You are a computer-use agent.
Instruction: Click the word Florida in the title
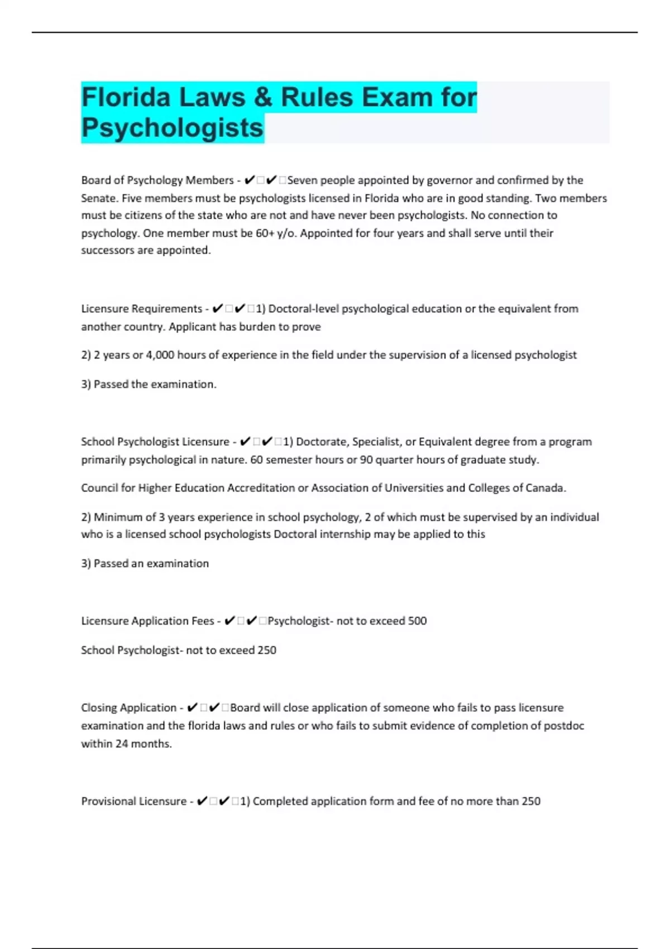(x=126, y=97)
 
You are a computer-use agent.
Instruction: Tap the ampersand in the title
(x=259, y=97)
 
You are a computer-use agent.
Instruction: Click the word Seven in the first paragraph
(x=302, y=180)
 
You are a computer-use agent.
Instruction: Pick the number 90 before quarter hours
(x=366, y=460)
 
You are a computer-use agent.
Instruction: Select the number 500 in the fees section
(x=417, y=621)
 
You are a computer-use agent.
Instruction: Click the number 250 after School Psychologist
(x=266, y=650)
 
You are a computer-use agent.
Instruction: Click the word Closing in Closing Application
(x=99, y=708)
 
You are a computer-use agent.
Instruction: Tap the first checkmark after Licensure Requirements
(x=218, y=309)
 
